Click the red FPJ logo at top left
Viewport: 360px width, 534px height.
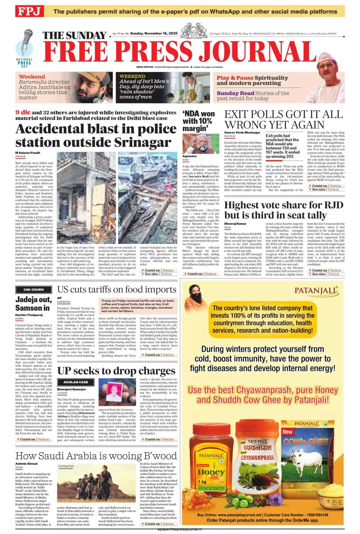pos(29,11)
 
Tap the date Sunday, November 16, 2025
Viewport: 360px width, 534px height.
pos(154,33)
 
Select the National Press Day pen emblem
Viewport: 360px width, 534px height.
pos(24,46)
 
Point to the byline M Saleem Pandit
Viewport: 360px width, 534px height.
pos(28,153)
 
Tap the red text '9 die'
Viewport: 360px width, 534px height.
pos(23,112)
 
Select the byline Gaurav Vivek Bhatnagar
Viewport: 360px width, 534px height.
pos(242,132)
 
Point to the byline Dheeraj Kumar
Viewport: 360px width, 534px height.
pos(235,224)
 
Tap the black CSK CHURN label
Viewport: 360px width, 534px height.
pos(33,289)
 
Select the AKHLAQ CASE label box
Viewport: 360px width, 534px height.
pos(75,382)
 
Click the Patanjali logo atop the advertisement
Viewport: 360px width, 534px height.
pos(316,290)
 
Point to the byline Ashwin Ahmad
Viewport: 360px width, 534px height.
pos(26,464)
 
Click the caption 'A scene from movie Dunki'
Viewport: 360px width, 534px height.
pos(66,467)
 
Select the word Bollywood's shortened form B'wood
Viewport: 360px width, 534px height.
pos(159,456)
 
